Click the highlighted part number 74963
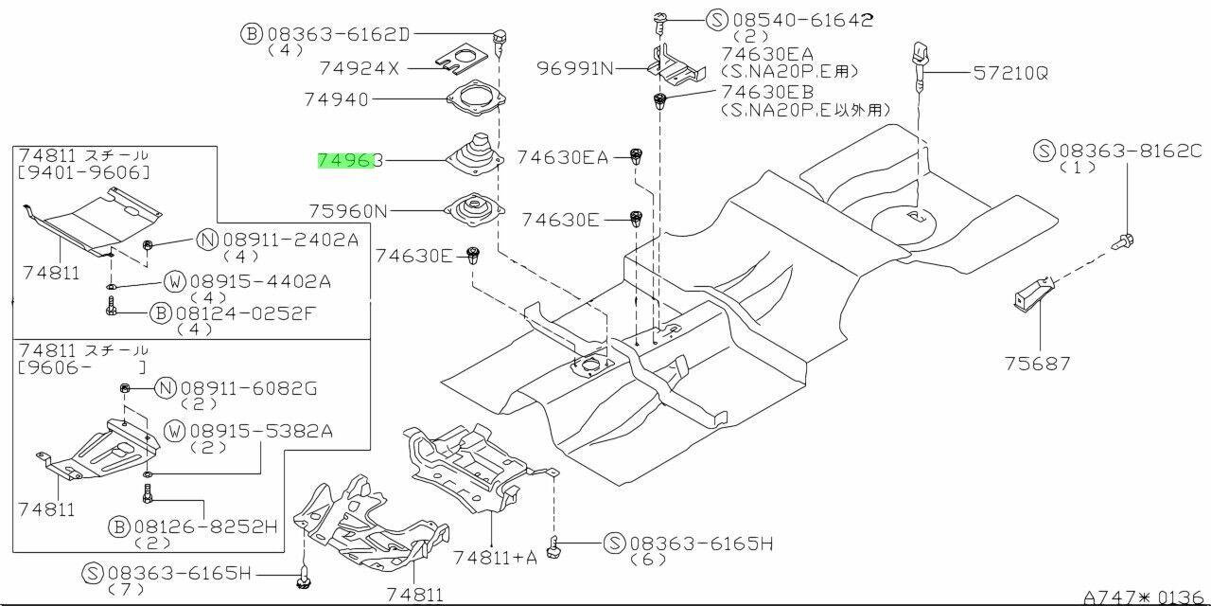click(349, 162)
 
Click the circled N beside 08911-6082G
click(166, 387)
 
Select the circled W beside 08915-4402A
click(174, 281)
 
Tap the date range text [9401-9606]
click(83, 172)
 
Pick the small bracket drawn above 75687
click(1028, 291)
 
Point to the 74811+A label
click(494, 557)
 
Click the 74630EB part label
click(767, 93)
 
